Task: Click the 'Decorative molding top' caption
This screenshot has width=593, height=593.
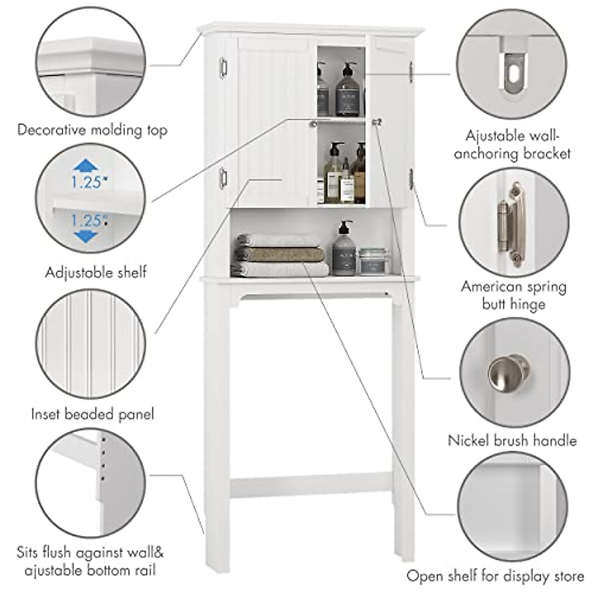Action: tap(92, 130)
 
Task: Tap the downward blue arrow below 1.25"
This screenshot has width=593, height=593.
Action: tap(86, 236)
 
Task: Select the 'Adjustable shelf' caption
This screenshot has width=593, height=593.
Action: tap(96, 272)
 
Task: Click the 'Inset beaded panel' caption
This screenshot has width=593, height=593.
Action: tap(92, 414)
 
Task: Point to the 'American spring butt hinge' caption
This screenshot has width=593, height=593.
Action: tap(514, 295)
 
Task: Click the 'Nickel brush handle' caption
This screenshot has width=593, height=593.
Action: tap(512, 440)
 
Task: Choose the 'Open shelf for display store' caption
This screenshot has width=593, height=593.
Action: tap(495, 576)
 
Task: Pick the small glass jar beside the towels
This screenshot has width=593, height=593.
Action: tap(374, 261)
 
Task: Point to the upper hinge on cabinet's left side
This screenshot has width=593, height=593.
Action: tap(223, 67)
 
